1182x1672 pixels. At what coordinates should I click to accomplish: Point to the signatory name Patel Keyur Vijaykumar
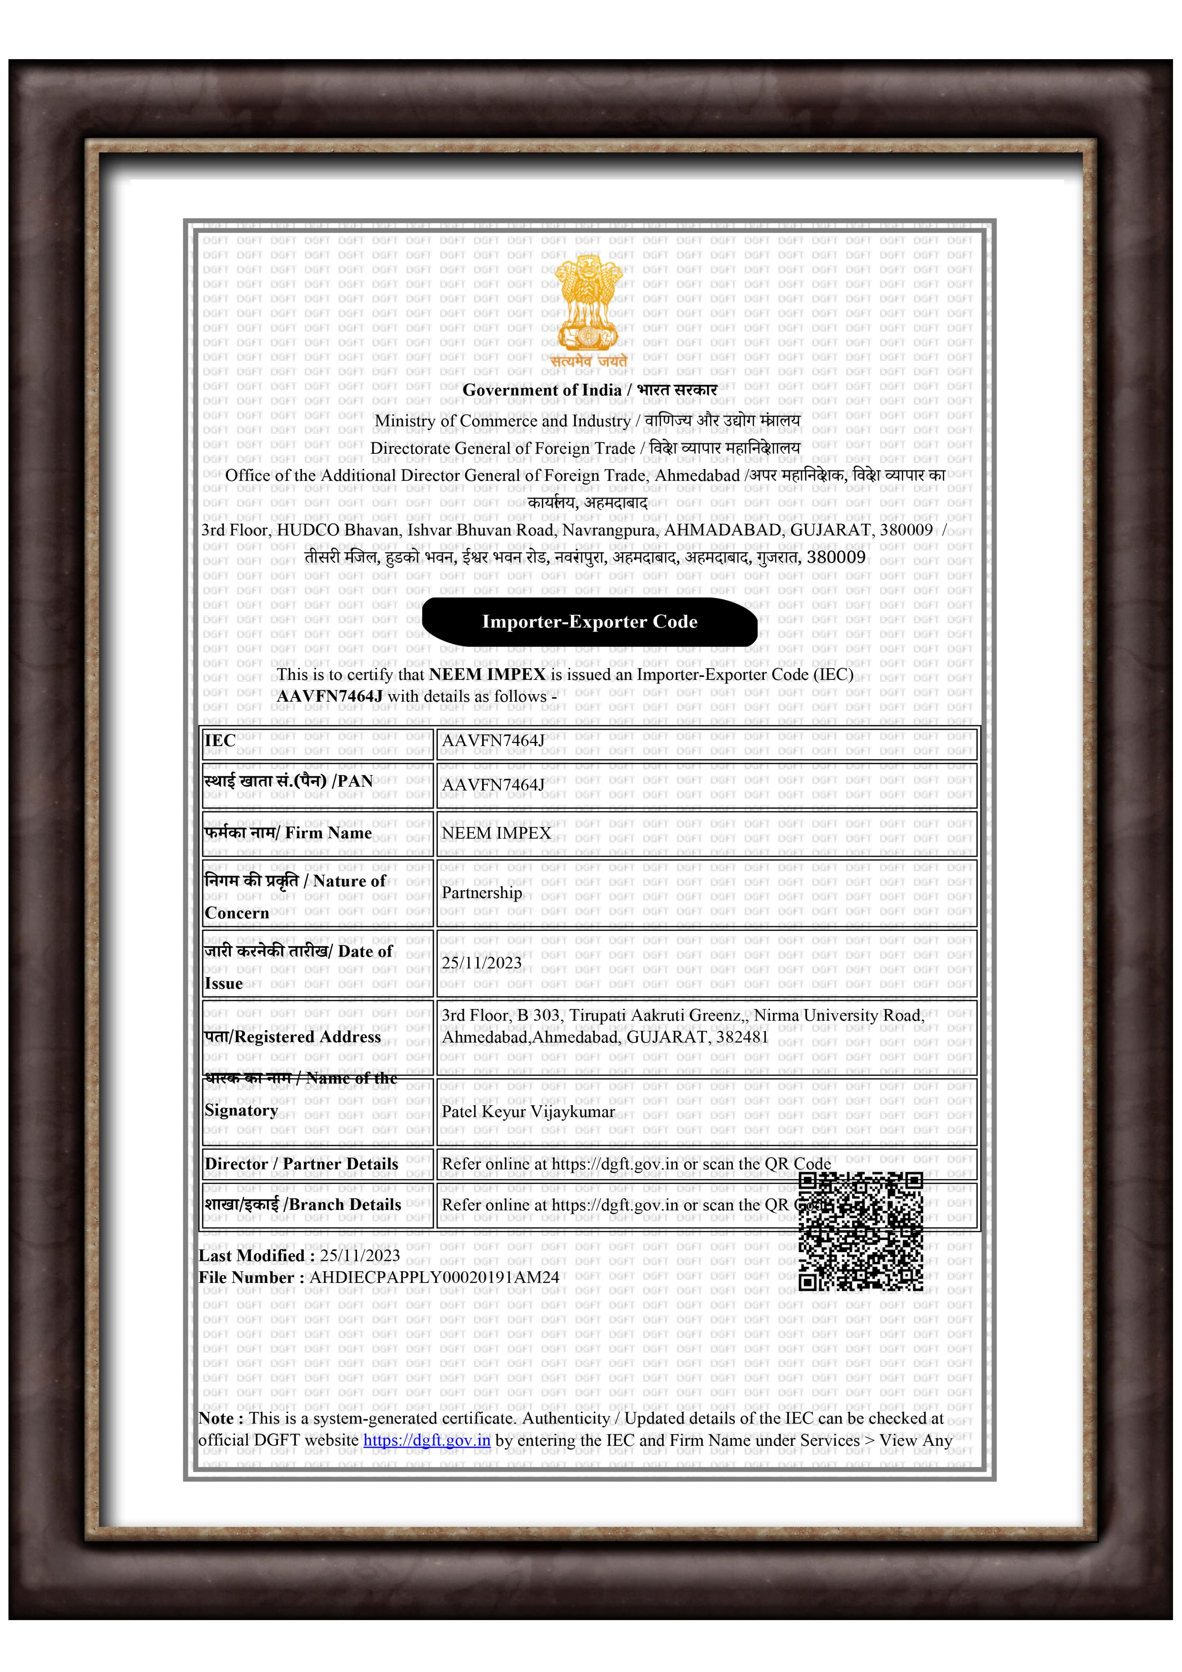click(528, 1111)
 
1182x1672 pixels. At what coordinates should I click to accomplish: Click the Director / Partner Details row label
click(301, 1164)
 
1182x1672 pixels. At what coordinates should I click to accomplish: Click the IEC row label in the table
click(220, 740)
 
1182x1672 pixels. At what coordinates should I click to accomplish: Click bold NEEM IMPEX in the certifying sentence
click(487, 674)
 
